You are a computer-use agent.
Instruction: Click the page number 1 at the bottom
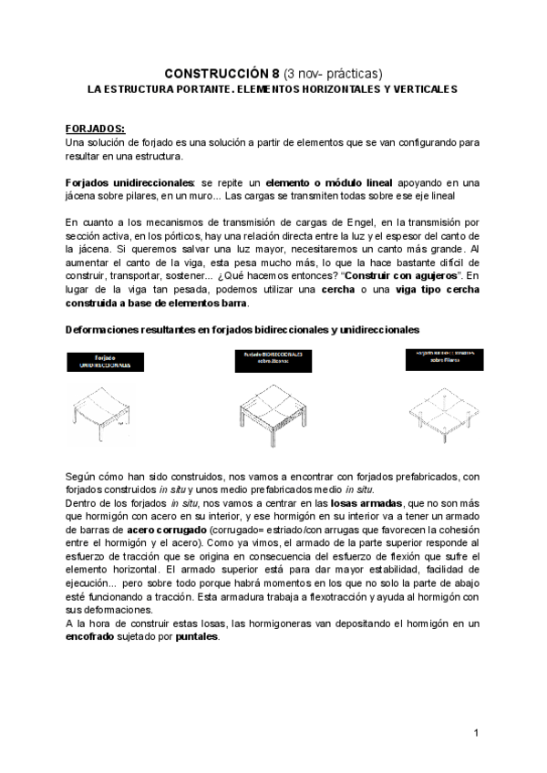point(476,733)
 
